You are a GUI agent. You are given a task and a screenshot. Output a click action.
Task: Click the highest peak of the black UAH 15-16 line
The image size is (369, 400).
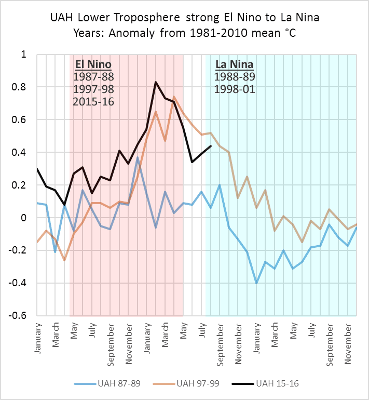pyautogui.click(x=155, y=82)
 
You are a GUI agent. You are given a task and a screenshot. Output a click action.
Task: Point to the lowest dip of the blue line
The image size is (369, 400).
pyautogui.click(x=256, y=283)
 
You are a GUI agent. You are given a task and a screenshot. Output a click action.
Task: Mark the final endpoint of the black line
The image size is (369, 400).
pyautogui.click(x=210, y=146)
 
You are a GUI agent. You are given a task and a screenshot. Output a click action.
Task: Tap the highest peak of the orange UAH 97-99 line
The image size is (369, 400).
pyautogui.click(x=174, y=96)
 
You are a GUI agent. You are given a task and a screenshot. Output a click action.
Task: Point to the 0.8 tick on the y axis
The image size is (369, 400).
pyautogui.click(x=24, y=87)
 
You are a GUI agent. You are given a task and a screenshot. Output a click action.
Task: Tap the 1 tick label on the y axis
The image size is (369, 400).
pyautogui.click(x=29, y=55)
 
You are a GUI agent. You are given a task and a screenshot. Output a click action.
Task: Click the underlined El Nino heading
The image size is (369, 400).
pyautogui.click(x=93, y=65)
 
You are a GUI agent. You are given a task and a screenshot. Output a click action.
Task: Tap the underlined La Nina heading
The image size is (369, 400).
pyautogui.click(x=234, y=65)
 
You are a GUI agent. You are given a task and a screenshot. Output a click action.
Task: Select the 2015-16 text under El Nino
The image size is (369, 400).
pyautogui.click(x=93, y=101)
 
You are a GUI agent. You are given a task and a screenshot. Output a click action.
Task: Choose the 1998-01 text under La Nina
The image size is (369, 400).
pyautogui.click(x=234, y=89)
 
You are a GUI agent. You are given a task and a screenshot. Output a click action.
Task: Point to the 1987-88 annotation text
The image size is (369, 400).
pyautogui.click(x=93, y=77)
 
